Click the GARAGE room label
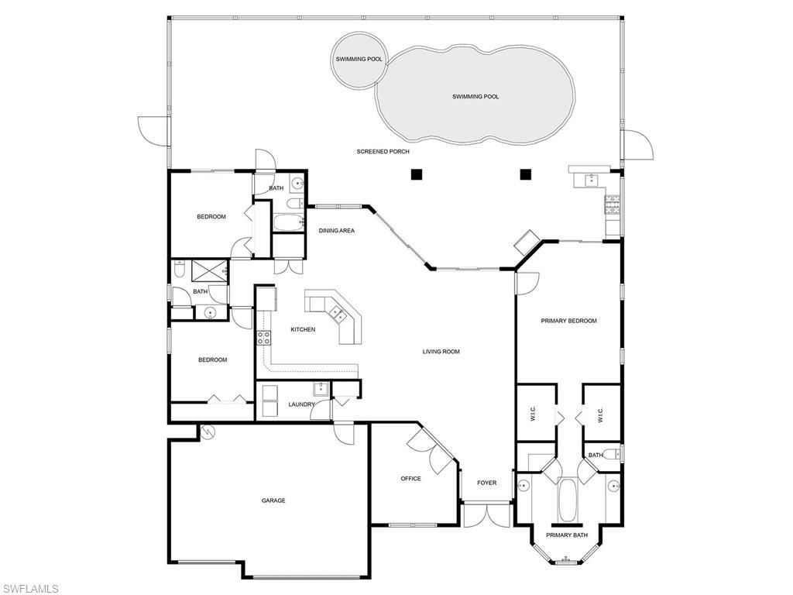[273, 500]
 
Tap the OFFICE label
[410, 479]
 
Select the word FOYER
[486, 483]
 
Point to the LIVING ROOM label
[441, 352]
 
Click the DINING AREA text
[337, 231]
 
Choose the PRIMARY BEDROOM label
[568, 321]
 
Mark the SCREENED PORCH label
[383, 152]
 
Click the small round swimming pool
[359, 60]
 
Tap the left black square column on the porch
[417, 174]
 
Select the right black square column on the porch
[526, 174]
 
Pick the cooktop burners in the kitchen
[263, 337]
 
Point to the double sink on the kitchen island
[338, 313]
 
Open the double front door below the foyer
[486, 515]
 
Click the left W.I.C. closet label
[534, 416]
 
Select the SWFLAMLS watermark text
[30, 589]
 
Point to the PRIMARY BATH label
[567, 535]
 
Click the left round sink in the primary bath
[524, 486]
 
